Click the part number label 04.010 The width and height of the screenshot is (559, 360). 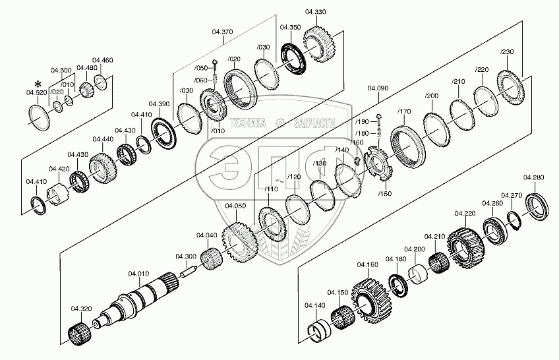pyautogui.click(x=138, y=274)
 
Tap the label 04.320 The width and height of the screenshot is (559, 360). pyautogui.click(x=81, y=309)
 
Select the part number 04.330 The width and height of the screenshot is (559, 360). pyautogui.click(x=315, y=13)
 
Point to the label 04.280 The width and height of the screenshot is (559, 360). pyautogui.click(x=533, y=178)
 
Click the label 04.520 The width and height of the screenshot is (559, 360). pyautogui.click(x=37, y=93)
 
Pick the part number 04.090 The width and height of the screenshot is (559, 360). pyautogui.click(x=378, y=88)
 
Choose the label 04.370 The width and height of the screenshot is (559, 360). pyautogui.click(x=223, y=31)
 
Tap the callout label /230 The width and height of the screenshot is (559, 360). pyautogui.click(x=507, y=52)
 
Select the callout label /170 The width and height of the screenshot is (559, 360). pyautogui.click(x=404, y=111)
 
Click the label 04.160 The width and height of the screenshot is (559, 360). pyautogui.click(x=368, y=264)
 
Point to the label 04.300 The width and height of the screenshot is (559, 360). pyautogui.click(x=185, y=256)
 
